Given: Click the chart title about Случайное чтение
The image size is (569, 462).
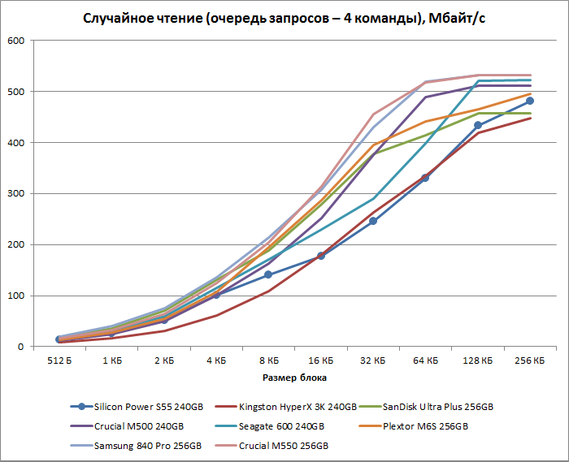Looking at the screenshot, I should pyautogui.click(x=284, y=18).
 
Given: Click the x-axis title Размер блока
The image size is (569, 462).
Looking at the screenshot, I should pyautogui.click(x=295, y=378).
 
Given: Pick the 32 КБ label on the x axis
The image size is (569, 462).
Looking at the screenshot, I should pyautogui.click(x=373, y=359).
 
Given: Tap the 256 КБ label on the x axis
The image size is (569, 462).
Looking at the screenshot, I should pyautogui.click(x=530, y=359).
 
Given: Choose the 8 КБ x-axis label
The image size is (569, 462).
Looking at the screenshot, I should pyautogui.click(x=268, y=359).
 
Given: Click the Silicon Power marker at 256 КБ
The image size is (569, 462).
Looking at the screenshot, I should pyautogui.click(x=530, y=101).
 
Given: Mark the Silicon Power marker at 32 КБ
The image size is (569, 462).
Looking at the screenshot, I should pyautogui.click(x=373, y=221).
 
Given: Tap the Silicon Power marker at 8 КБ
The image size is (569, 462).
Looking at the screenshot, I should pyautogui.click(x=268, y=274).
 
